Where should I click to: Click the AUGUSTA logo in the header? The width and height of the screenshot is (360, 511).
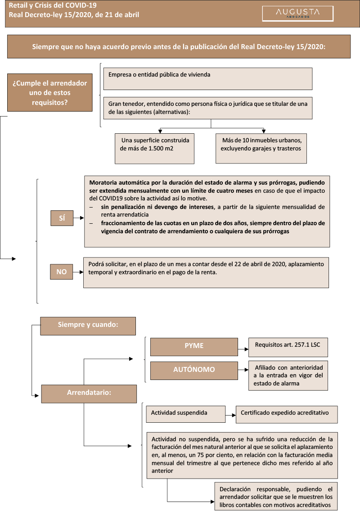tap(297, 14)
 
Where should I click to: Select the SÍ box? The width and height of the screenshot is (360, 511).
tap(62, 218)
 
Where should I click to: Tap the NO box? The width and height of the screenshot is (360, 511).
tap(61, 272)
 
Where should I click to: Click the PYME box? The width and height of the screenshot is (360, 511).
tap(194, 346)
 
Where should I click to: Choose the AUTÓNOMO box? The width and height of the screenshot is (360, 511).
tap(194, 370)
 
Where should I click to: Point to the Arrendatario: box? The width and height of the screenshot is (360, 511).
tap(89, 393)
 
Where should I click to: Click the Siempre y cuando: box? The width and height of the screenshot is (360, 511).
tap(88, 326)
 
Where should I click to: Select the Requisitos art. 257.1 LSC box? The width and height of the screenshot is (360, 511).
tap(288, 346)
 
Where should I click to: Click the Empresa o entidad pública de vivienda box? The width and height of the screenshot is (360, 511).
tap(207, 79)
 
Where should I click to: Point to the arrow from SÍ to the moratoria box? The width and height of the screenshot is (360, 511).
tap(79, 218)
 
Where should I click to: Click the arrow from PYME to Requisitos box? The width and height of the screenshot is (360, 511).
tap(243, 347)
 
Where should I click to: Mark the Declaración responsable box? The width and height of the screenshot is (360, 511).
tap(275, 497)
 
